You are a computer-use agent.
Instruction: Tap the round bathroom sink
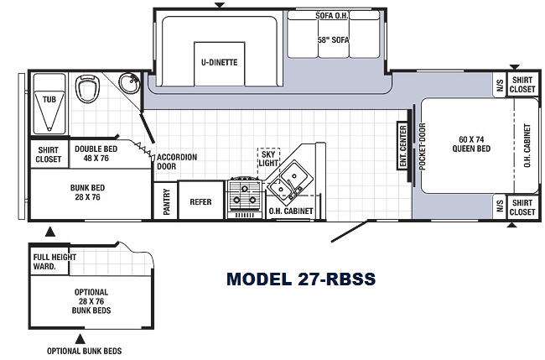point(129,83)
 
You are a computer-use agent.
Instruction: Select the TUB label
point(49,100)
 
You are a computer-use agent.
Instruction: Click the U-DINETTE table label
point(220,63)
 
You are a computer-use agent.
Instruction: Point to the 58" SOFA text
point(333,40)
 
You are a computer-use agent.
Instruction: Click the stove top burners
point(244,195)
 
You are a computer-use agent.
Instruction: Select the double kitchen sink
point(288,181)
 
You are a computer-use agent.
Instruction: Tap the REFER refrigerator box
point(200,201)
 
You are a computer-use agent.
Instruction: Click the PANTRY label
point(167,201)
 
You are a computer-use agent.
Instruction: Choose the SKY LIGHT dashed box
point(268,163)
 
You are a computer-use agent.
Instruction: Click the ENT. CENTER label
point(402,146)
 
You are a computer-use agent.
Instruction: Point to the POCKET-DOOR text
point(422,147)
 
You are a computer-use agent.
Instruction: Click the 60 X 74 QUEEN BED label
point(471,144)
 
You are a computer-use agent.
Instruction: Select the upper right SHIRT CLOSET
point(522,85)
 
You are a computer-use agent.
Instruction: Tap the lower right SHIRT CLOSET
point(522,207)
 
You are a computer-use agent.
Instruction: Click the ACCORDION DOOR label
point(177,162)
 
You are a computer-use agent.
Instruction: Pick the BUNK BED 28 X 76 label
point(87,192)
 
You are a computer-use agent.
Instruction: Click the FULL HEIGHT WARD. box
point(49,260)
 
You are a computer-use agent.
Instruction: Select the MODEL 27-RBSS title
point(301,279)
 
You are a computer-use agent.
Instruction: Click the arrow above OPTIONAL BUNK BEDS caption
point(80,339)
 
